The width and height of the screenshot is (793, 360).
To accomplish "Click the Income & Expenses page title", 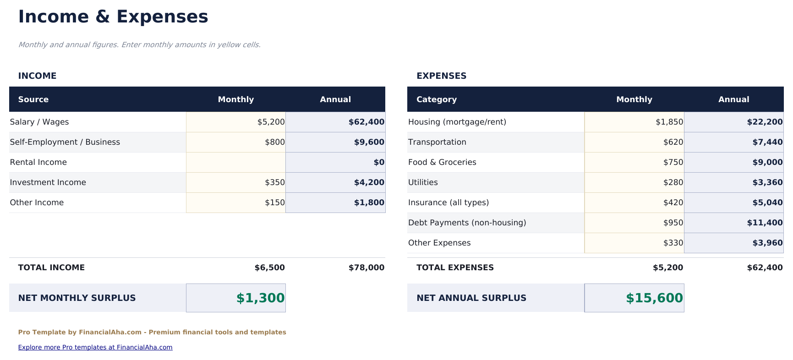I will point(113,17).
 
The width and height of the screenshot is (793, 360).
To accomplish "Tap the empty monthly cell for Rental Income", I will point(236,162).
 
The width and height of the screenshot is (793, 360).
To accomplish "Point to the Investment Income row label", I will point(48,182).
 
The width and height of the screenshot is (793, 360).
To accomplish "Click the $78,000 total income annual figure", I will point(366,267).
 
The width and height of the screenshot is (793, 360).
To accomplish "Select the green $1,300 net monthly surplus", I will point(260,298).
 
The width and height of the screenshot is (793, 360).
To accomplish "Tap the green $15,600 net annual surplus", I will point(654,298).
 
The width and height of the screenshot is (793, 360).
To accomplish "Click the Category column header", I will point(436,99).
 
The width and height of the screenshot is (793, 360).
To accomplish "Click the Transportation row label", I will point(437,142).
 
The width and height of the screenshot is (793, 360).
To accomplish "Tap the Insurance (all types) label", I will point(448,202).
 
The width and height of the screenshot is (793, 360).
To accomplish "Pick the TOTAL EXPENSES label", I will point(455,267).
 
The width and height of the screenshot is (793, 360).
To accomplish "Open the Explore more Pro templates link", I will point(95,347).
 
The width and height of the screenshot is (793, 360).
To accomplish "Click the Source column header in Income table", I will point(33,99).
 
